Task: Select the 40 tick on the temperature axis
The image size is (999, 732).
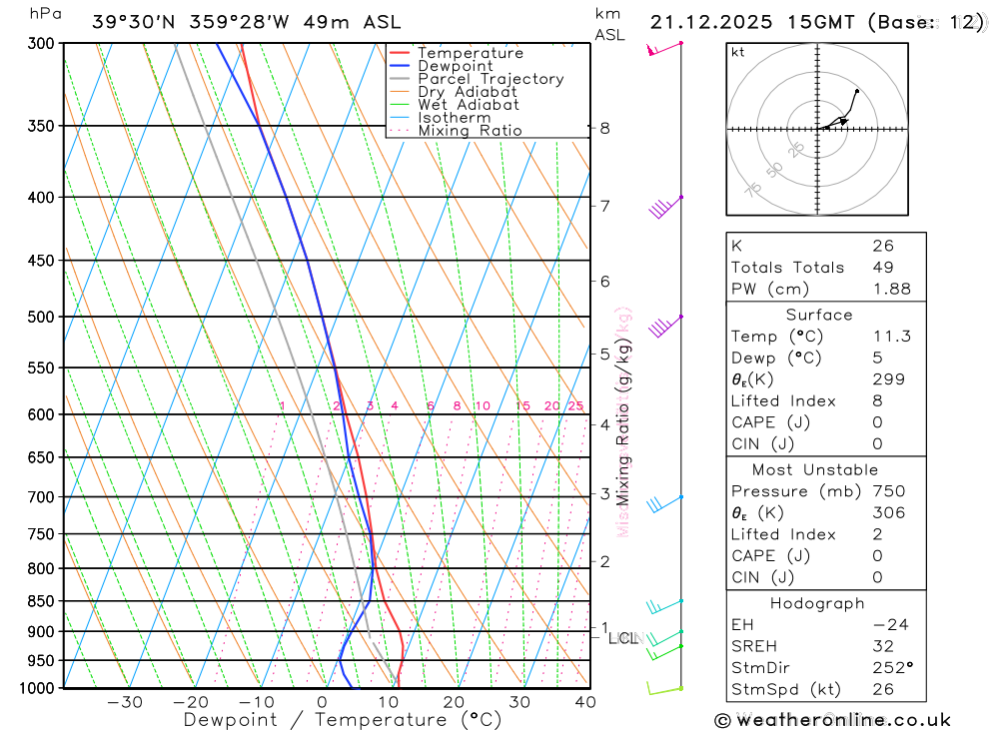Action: coord(585,702)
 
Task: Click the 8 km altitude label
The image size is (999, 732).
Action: coord(604,128)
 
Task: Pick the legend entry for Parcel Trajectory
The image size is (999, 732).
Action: coord(491,79)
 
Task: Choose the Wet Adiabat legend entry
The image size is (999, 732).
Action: coord(469,105)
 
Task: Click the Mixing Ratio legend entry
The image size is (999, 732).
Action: coord(470,131)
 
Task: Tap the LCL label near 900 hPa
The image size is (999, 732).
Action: coord(622,638)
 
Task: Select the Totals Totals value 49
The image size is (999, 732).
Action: coord(883,267)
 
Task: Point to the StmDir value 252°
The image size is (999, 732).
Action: coord(889,668)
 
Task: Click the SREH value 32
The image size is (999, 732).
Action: coord(883,646)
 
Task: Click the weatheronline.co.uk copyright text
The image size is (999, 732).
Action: coord(832,719)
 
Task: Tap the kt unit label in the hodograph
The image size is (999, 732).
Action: coord(738,52)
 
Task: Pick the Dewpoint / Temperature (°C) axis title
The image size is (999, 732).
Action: coord(343,719)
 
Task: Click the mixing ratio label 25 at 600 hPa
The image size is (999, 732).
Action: coord(575,405)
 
